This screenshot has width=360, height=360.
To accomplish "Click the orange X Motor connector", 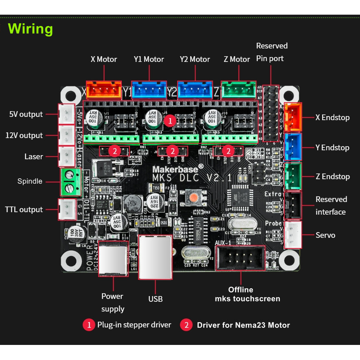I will point(104,90).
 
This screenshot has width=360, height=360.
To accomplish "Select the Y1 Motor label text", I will point(149,59).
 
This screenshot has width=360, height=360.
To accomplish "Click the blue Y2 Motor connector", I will point(195,90).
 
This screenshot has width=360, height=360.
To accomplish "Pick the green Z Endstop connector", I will point(293,176).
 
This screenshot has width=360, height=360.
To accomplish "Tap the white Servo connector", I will point(293,235).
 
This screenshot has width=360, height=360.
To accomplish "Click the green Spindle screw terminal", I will point(69,182).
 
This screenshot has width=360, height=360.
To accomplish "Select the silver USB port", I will point(155,257).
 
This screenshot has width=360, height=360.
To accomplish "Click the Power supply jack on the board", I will point(113,258).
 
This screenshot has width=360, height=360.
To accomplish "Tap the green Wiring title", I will point(31,29).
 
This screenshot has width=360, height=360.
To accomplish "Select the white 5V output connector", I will point(66,114).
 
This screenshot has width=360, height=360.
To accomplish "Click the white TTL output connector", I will point(66,209).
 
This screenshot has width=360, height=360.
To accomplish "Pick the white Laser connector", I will point(66,156).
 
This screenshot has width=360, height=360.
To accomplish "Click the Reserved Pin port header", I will point(270,112).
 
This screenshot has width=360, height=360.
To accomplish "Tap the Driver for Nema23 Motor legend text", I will point(243,325).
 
